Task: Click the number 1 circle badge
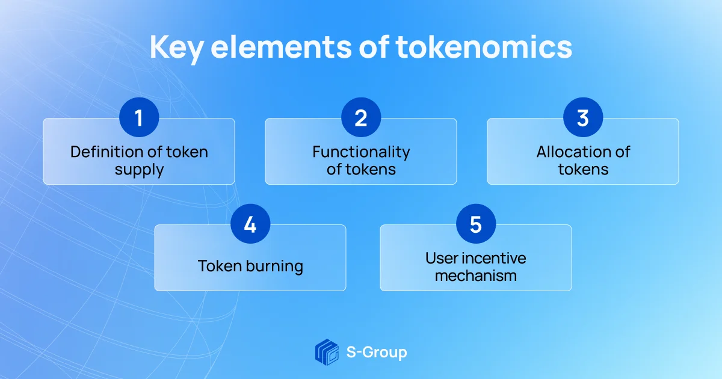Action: (x=139, y=117)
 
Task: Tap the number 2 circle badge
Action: (x=361, y=117)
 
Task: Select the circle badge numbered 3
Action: (x=583, y=117)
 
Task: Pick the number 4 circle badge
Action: (x=250, y=224)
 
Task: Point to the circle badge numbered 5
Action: (x=475, y=224)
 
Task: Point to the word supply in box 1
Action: (x=139, y=170)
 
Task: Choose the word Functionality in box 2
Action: (x=361, y=152)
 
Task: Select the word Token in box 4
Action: (x=219, y=265)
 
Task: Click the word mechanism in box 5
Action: (x=475, y=276)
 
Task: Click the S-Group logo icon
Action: (x=327, y=352)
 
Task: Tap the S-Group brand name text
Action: (x=377, y=352)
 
